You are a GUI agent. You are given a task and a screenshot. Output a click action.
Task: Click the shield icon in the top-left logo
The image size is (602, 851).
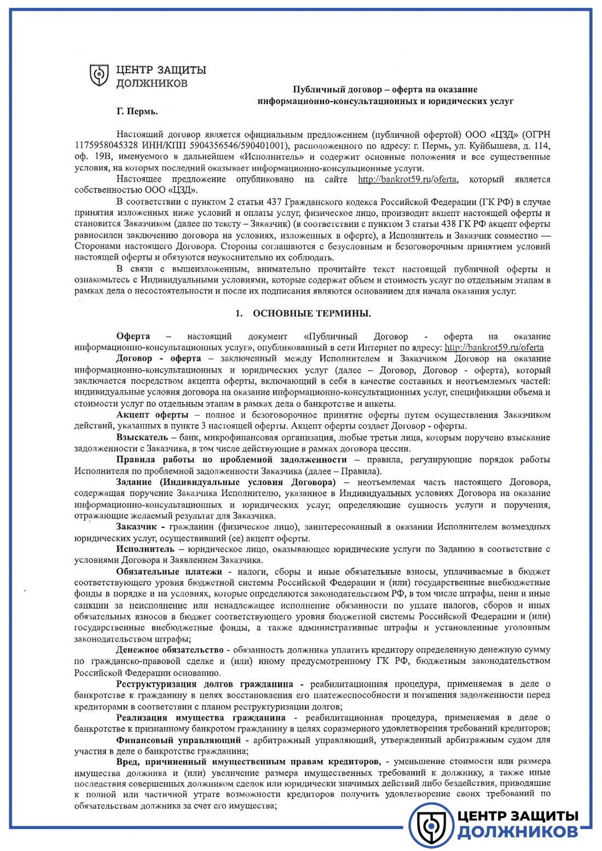click(99, 75)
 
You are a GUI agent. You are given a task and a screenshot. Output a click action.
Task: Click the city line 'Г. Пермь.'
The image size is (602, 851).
click(137, 112)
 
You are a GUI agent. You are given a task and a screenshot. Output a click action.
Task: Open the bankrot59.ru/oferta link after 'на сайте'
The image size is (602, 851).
click(407, 179)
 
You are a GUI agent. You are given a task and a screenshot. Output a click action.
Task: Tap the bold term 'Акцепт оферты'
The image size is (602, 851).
click(152, 415)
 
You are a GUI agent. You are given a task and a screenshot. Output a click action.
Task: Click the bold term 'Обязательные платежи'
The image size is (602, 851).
click(169, 572)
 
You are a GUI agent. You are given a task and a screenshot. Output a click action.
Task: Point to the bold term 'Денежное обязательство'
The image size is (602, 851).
click(170, 650)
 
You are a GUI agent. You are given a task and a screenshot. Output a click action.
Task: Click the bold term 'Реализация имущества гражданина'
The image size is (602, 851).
click(200, 717)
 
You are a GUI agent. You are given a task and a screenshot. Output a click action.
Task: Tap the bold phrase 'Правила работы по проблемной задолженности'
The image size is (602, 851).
click(231, 460)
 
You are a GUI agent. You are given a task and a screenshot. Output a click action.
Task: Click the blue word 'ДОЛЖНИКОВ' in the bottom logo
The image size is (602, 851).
click(517, 832)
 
